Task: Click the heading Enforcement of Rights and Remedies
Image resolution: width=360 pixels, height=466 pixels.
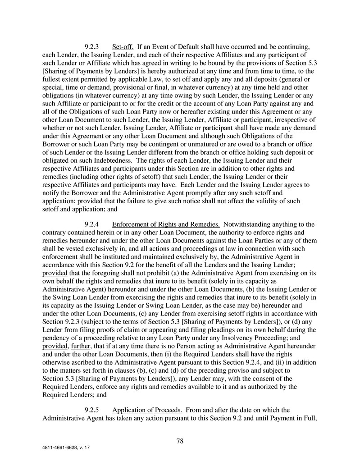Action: (166, 224)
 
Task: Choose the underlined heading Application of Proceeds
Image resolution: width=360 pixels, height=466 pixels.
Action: (147, 410)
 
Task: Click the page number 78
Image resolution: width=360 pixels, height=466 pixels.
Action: (180, 441)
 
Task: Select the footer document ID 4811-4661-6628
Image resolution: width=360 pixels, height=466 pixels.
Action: (59, 449)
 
